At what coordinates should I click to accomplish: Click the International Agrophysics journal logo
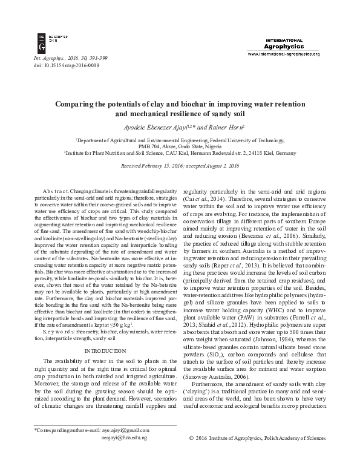[283, 44]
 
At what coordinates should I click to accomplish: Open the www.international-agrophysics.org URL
[283, 54]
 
